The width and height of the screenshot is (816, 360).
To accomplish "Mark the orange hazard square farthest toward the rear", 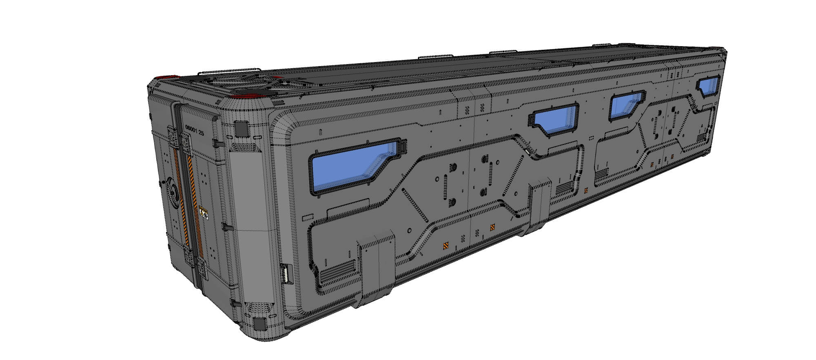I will (x=672, y=156).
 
